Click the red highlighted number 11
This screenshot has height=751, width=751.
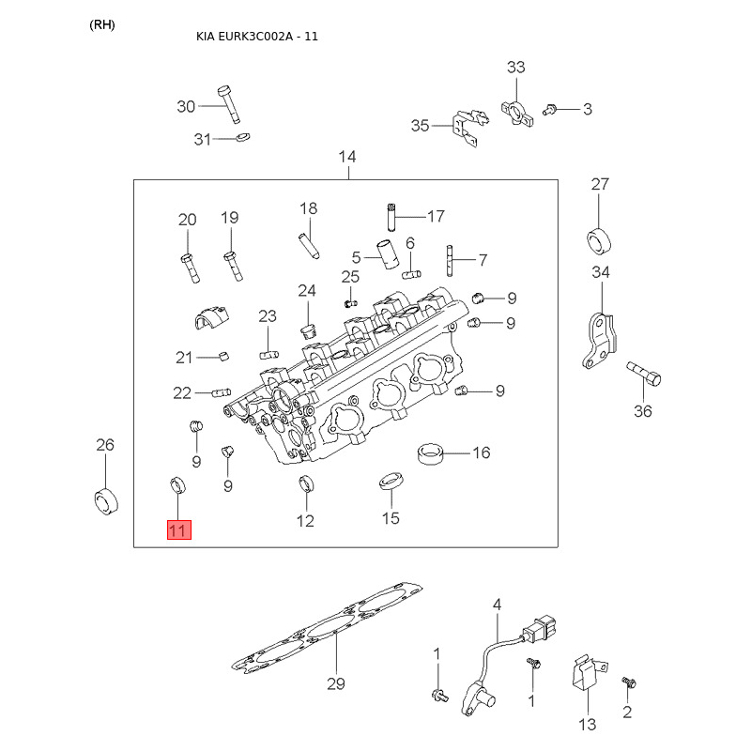click(x=179, y=529)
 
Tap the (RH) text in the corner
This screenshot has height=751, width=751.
click(x=102, y=25)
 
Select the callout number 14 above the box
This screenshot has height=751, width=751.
click(x=347, y=157)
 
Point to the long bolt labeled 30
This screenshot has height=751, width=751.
click(x=229, y=104)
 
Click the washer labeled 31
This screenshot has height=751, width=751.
click(x=243, y=137)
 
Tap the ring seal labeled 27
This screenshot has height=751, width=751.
click(x=599, y=242)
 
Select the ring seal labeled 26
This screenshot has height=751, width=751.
click(x=106, y=501)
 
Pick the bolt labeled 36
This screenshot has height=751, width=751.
click(x=644, y=374)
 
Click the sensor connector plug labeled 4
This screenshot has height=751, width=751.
click(x=542, y=630)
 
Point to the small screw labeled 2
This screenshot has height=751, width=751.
click(x=628, y=682)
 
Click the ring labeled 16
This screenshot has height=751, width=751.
click(x=430, y=453)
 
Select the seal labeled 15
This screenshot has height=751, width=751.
click(x=391, y=481)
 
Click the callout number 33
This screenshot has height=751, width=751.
click(x=515, y=67)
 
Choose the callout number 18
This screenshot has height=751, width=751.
click(x=309, y=208)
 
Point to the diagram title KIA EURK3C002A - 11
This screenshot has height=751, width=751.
click(x=257, y=37)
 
